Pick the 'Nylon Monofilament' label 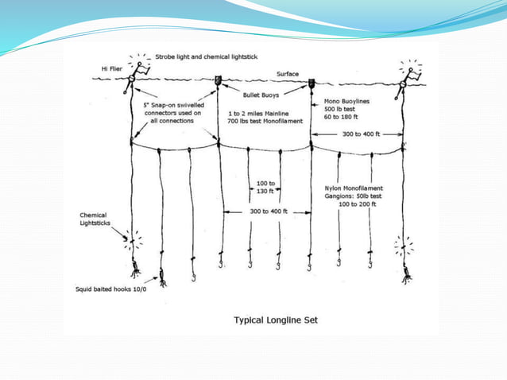coord(361,187)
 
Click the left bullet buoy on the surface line coord(218,81)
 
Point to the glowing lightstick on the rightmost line coord(405,242)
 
